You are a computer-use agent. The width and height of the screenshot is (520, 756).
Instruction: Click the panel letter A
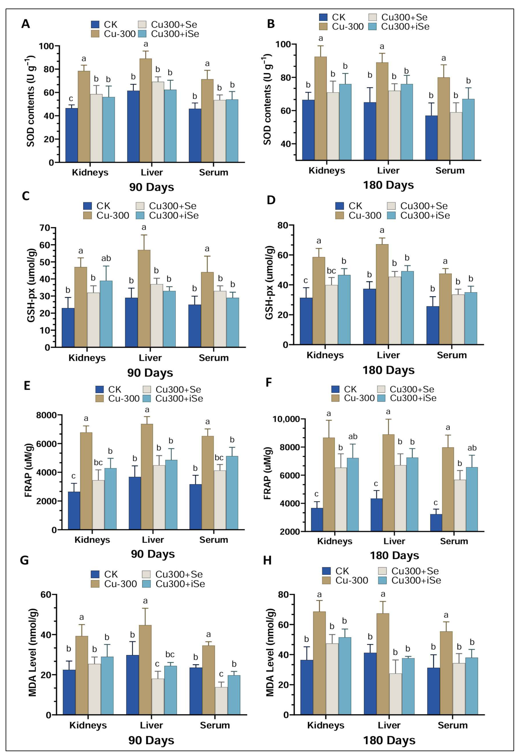(25, 24)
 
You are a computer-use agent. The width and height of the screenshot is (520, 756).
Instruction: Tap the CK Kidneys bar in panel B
(308, 130)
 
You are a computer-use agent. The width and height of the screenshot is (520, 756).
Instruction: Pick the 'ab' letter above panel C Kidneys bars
(106, 258)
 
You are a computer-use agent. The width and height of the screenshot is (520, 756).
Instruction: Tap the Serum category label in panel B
(450, 170)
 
